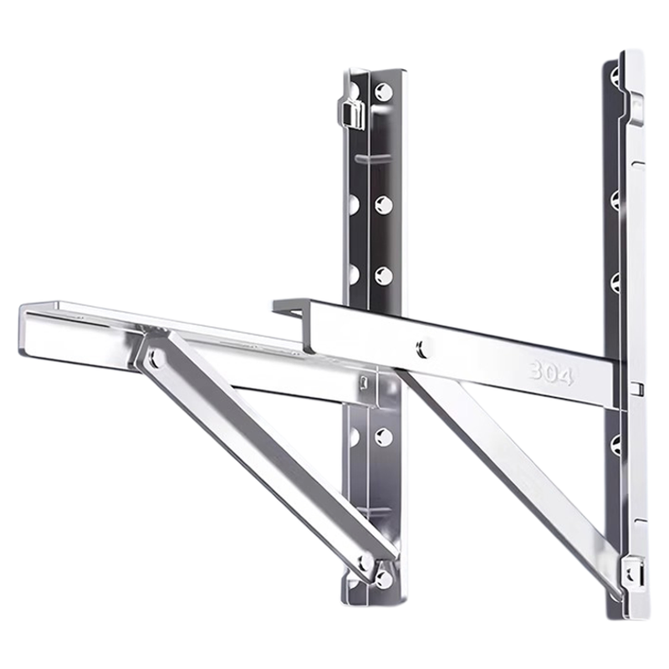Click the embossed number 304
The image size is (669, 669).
click(x=551, y=372)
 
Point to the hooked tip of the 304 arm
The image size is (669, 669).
click(x=289, y=307)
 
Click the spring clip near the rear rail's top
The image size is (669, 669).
click(x=351, y=113)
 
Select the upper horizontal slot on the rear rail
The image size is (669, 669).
click(x=372, y=158)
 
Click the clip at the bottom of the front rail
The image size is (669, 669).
click(x=633, y=574)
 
